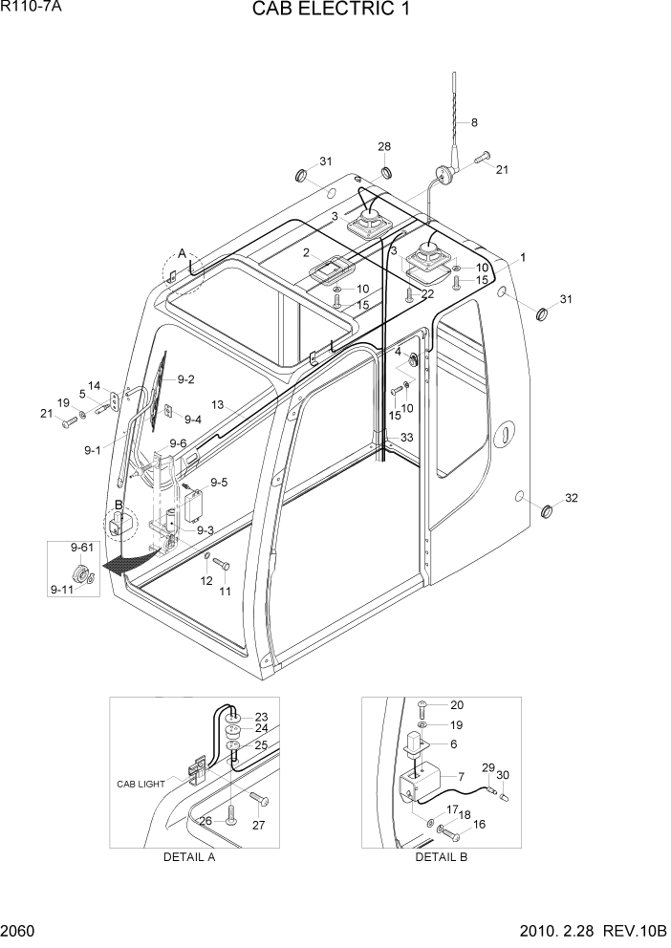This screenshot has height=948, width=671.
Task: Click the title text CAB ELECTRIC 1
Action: tap(335, 11)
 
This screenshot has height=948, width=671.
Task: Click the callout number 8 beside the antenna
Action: tap(474, 122)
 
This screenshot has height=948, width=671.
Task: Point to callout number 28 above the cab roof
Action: tap(384, 146)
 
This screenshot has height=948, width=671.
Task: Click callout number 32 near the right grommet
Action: tap(572, 499)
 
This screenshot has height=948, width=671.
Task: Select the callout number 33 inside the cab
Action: tap(406, 437)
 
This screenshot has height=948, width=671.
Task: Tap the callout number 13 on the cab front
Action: tap(217, 405)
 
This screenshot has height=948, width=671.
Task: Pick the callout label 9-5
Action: tap(219, 483)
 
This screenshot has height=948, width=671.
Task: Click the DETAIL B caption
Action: tap(441, 857)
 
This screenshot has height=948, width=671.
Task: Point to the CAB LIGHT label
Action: tap(141, 784)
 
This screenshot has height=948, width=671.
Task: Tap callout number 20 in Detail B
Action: tap(456, 704)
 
